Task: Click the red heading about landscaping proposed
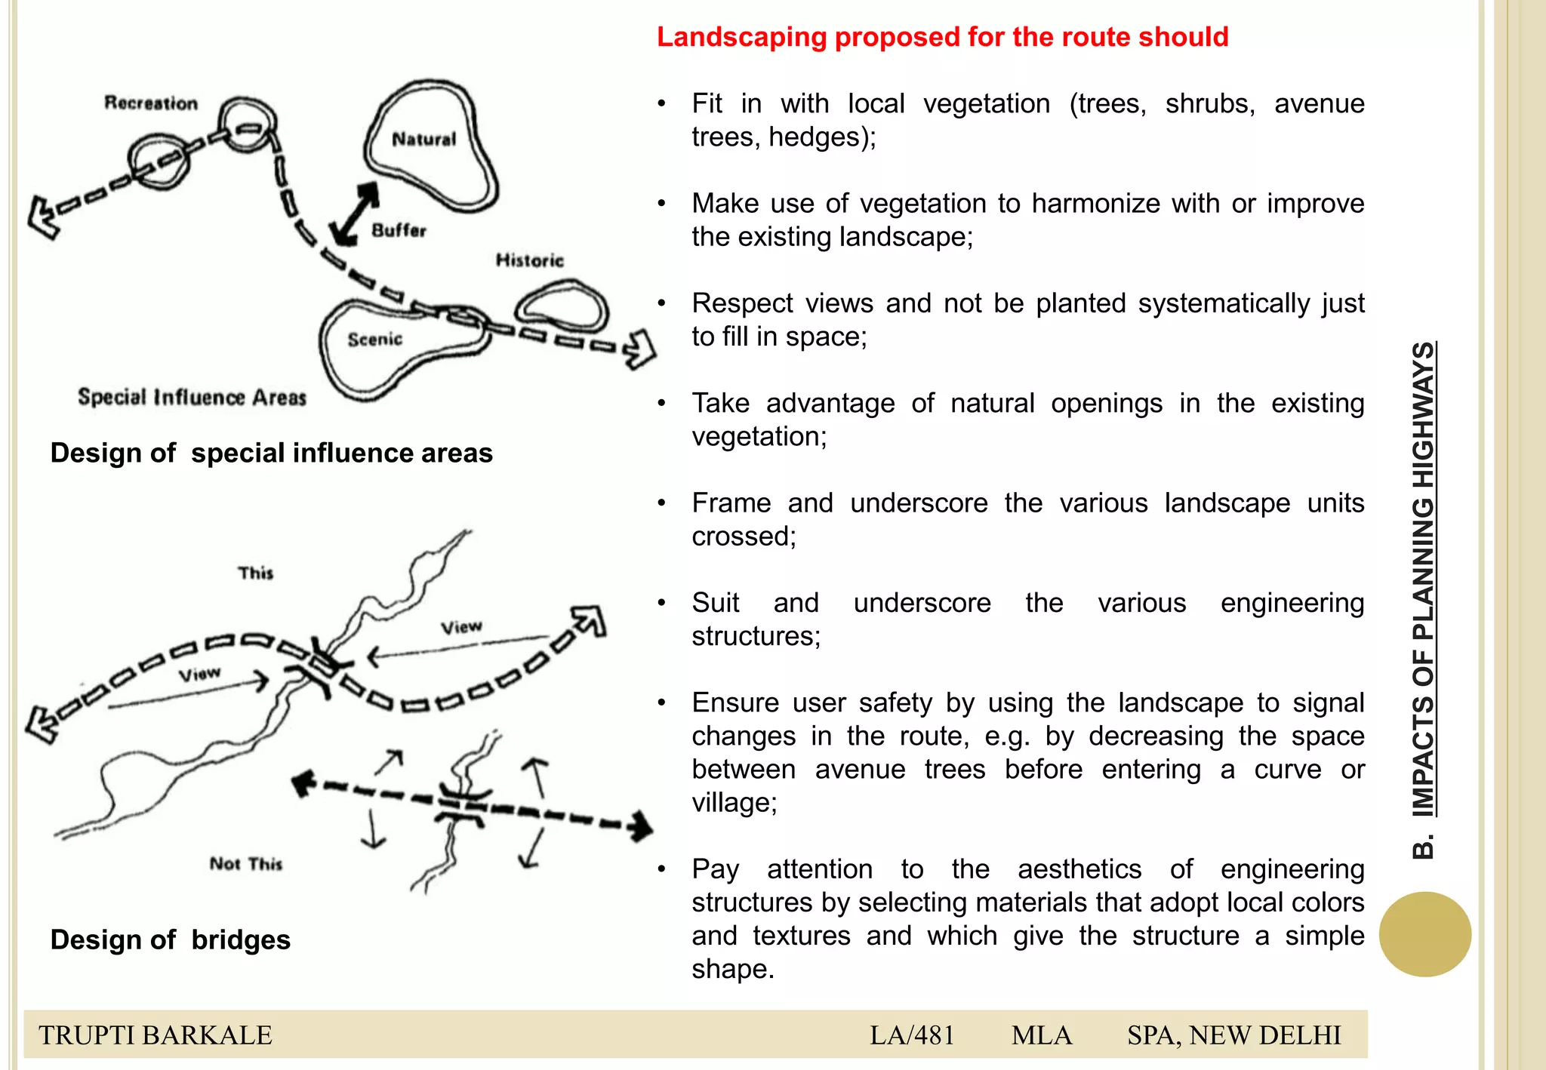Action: (942, 37)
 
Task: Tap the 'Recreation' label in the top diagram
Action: (151, 103)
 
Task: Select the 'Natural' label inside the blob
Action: (423, 139)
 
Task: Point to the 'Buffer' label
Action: (399, 230)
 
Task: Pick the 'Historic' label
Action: (529, 260)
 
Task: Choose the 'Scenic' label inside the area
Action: (374, 340)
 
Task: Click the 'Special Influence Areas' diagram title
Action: (192, 397)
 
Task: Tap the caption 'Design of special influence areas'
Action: (271, 453)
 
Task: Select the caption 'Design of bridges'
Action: (170, 939)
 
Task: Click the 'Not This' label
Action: (245, 863)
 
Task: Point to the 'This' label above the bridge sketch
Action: (255, 573)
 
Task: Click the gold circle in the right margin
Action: (1424, 934)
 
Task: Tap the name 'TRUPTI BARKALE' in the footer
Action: (156, 1035)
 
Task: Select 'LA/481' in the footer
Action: (912, 1035)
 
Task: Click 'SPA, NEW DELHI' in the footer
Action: (1233, 1035)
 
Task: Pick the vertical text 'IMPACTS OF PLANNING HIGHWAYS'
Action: (1424, 580)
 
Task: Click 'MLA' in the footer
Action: (1041, 1035)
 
